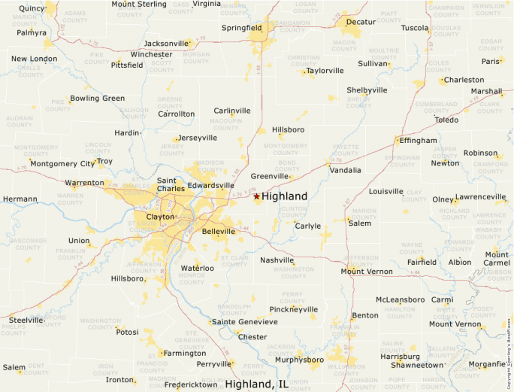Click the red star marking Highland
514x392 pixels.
(x=256, y=196)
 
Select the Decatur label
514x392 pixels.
(x=361, y=22)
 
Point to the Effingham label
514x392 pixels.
(x=418, y=141)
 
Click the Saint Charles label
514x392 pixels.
(x=166, y=184)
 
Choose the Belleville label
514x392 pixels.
(x=219, y=231)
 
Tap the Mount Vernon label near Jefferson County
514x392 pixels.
(x=367, y=271)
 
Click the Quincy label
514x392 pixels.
(x=32, y=8)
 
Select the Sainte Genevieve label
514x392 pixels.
(x=245, y=322)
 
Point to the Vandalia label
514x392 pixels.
(x=345, y=170)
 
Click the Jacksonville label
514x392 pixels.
(x=165, y=43)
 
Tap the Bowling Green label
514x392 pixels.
(x=97, y=99)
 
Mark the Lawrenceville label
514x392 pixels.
(x=481, y=197)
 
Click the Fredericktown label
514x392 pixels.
(x=192, y=384)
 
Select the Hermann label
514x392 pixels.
(x=20, y=199)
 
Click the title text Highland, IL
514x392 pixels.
(x=257, y=384)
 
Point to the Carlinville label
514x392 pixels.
(x=232, y=111)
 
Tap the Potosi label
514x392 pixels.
(x=127, y=331)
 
